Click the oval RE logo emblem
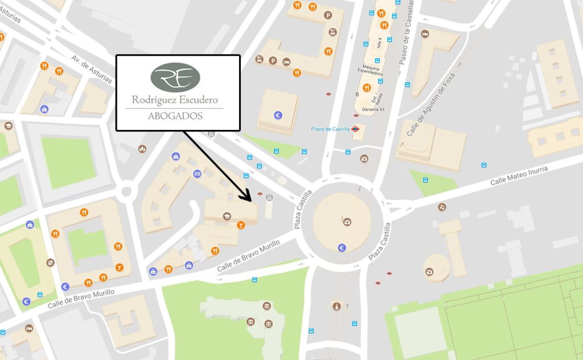click(175, 77)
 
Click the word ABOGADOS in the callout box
click(175, 116)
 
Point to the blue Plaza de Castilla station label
click(330, 129)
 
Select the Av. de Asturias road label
click(92, 69)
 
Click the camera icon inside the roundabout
click(347, 222)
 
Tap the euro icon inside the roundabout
click(342, 247)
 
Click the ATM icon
click(198, 173)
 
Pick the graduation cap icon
click(227, 216)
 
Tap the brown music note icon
click(442, 206)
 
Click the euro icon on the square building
click(278, 114)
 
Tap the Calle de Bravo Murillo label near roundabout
click(248, 255)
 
